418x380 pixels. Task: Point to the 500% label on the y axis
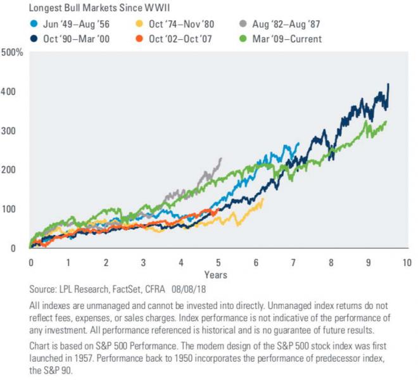point(13,53)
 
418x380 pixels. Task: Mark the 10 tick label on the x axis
point(406,262)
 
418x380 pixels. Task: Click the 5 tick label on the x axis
point(218,262)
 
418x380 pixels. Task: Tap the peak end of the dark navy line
point(388,84)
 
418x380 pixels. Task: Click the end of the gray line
point(221,158)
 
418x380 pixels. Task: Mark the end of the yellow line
point(263,199)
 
